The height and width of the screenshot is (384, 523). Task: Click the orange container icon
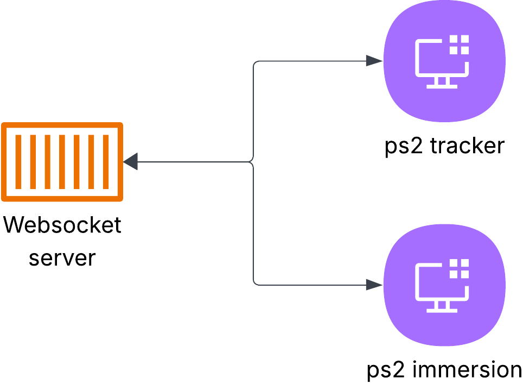62,162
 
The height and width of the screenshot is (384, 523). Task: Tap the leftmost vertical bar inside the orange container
18,162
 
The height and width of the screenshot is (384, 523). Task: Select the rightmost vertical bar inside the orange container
106,162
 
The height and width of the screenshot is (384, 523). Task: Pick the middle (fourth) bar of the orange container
62,162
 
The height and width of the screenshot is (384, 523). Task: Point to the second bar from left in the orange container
33,162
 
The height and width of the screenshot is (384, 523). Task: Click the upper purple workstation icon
444,61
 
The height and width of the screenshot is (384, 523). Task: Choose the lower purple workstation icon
444,285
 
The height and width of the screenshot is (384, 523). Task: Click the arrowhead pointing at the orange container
131,161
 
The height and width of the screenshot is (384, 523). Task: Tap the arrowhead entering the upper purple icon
374,61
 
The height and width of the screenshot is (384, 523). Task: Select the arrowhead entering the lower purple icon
374,285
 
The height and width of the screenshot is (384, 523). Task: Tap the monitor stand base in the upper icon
442,86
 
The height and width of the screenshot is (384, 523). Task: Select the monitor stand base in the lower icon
442,310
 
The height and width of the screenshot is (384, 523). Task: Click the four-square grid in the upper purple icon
459,45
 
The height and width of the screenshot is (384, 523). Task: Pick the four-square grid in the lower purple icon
459,269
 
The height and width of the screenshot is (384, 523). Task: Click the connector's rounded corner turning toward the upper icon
254,63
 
